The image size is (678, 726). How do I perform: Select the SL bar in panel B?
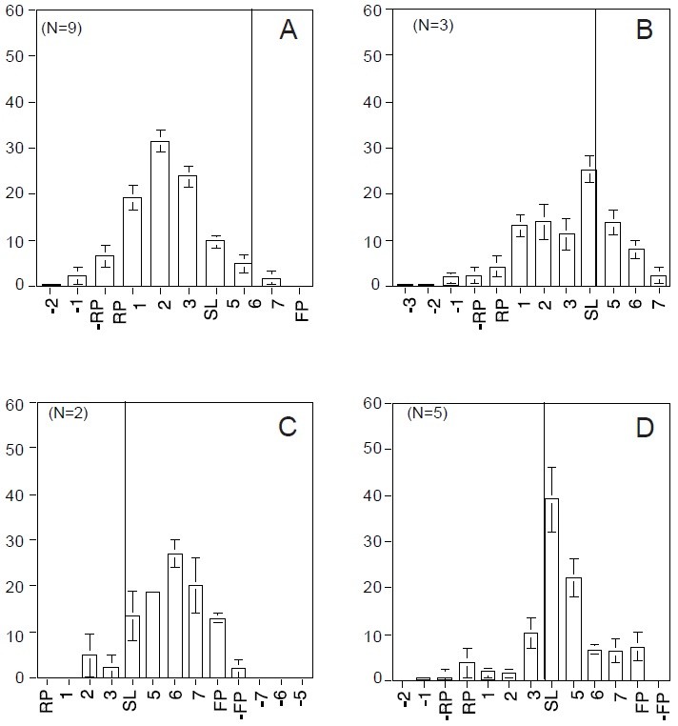click(588, 228)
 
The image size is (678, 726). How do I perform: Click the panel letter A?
click(289, 31)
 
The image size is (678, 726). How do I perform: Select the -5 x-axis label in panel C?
click(301, 702)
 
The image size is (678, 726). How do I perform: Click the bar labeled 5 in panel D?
click(572, 628)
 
